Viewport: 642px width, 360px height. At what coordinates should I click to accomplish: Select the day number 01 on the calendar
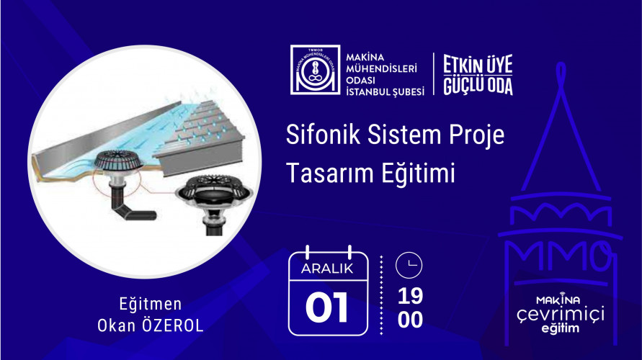pos(327,307)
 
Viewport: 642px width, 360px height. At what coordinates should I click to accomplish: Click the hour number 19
pos(410,296)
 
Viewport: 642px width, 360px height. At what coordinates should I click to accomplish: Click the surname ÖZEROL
pos(172,325)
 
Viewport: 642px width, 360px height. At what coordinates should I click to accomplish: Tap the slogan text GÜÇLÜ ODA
pos(477,86)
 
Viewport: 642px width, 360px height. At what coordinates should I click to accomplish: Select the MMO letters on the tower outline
pos(559,256)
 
